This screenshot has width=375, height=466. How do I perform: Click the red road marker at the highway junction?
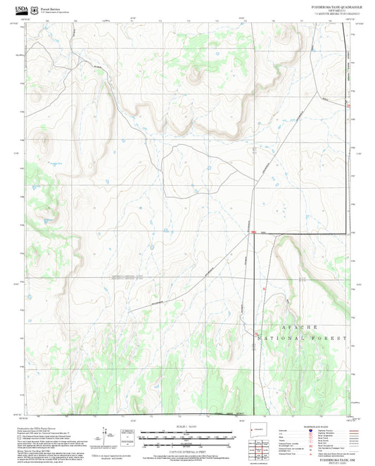252,232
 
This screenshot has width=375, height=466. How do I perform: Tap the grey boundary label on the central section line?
127,276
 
